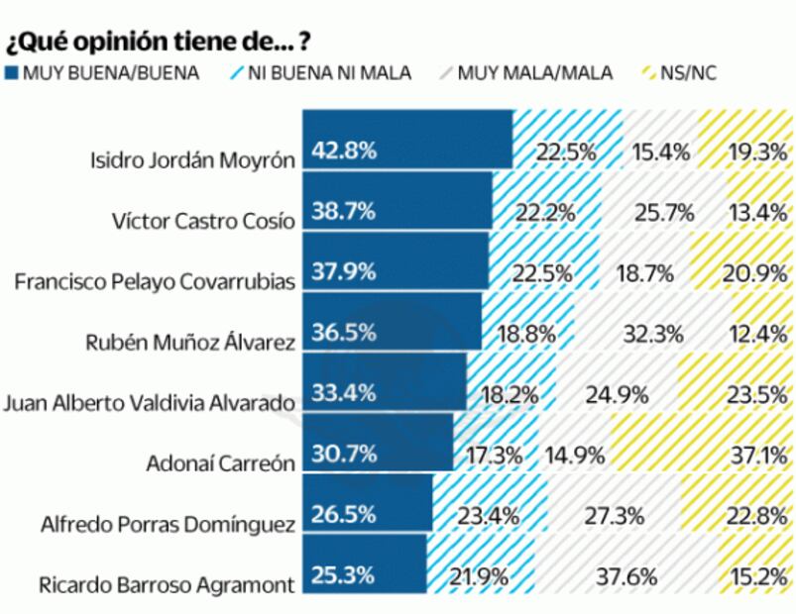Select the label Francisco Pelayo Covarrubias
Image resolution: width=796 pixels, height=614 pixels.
155,281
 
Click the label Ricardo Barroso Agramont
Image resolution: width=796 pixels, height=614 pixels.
167,583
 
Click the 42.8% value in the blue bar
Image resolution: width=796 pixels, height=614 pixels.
344,152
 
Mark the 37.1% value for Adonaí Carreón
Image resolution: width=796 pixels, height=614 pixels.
758,455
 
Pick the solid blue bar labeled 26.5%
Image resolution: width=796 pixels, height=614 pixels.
367,515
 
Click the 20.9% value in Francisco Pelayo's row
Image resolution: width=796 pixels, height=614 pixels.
758,273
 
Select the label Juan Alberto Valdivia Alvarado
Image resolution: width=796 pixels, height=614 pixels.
150,403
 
